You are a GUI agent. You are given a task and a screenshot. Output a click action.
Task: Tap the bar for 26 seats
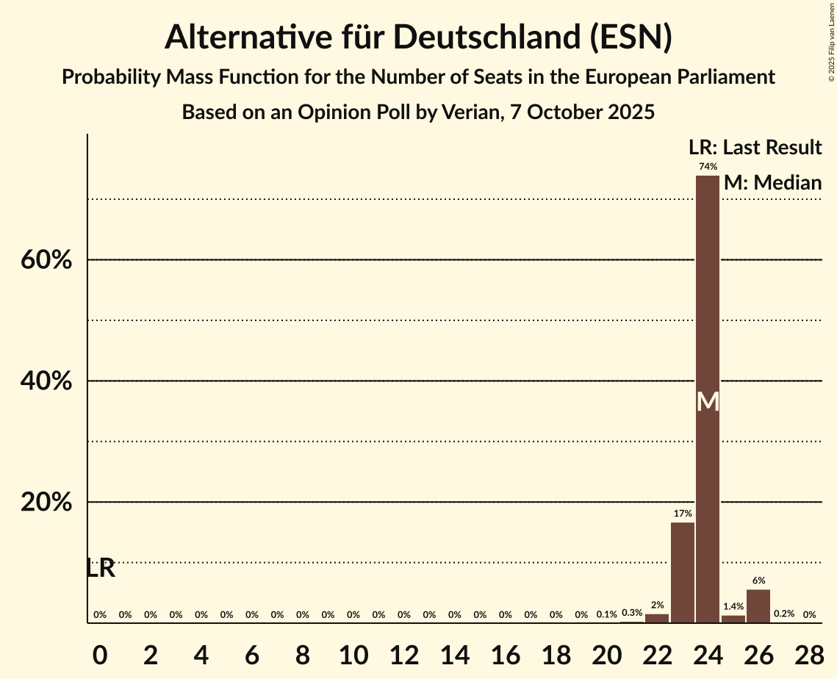(758, 606)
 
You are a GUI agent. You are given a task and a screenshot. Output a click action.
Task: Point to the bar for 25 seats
(733, 619)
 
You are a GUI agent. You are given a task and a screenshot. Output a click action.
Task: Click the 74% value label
(708, 167)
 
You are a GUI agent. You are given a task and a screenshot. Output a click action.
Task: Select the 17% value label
(683, 514)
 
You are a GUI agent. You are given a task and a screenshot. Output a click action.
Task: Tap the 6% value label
(758, 581)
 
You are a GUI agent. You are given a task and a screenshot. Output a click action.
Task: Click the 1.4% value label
(733, 607)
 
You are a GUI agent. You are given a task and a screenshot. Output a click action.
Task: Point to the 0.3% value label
(632, 614)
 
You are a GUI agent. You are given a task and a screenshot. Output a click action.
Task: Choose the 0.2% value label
(784, 614)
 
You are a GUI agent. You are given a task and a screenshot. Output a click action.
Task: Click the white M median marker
(708, 401)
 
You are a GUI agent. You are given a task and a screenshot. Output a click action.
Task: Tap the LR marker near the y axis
(101, 568)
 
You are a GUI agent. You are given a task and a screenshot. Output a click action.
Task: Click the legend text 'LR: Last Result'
(755, 148)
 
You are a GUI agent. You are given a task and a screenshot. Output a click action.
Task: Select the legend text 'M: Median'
(772, 183)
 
